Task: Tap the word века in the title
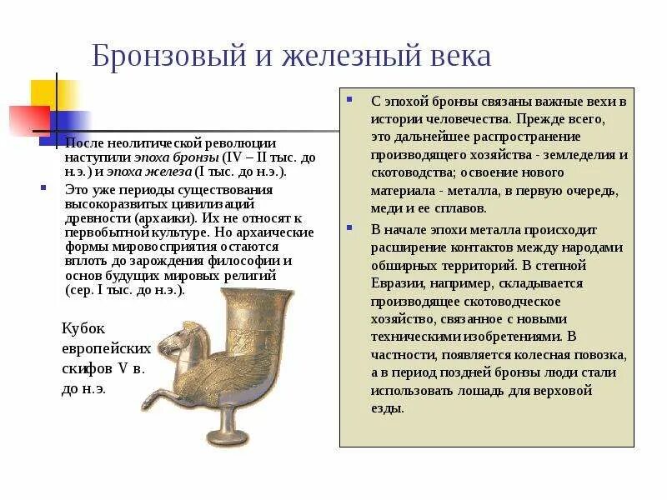tap(454, 56)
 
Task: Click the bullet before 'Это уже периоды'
tap(43, 188)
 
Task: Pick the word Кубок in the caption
tap(84, 327)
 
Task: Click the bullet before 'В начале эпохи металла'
tap(353, 228)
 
